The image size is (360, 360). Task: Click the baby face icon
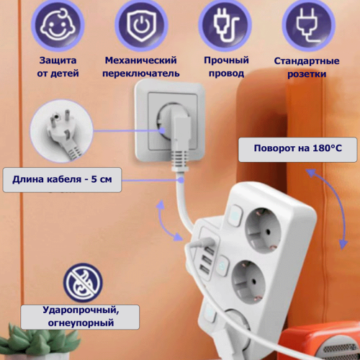[x=58, y=25]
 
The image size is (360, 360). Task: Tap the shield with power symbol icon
[x=141, y=25]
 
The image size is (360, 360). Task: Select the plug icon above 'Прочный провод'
[x=225, y=25]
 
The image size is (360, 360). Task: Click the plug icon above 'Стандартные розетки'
[x=308, y=25]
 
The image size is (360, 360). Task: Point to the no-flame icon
[x=83, y=282]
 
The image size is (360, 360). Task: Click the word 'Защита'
[x=58, y=60]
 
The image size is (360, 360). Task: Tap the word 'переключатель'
[x=141, y=73]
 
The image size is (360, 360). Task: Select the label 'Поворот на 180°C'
[x=297, y=148]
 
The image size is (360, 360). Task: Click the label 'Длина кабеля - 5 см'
[x=62, y=179]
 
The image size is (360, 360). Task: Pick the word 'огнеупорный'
[x=81, y=323]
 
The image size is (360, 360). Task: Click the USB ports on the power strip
[x=207, y=261]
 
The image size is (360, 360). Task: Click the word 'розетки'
[x=307, y=74]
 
